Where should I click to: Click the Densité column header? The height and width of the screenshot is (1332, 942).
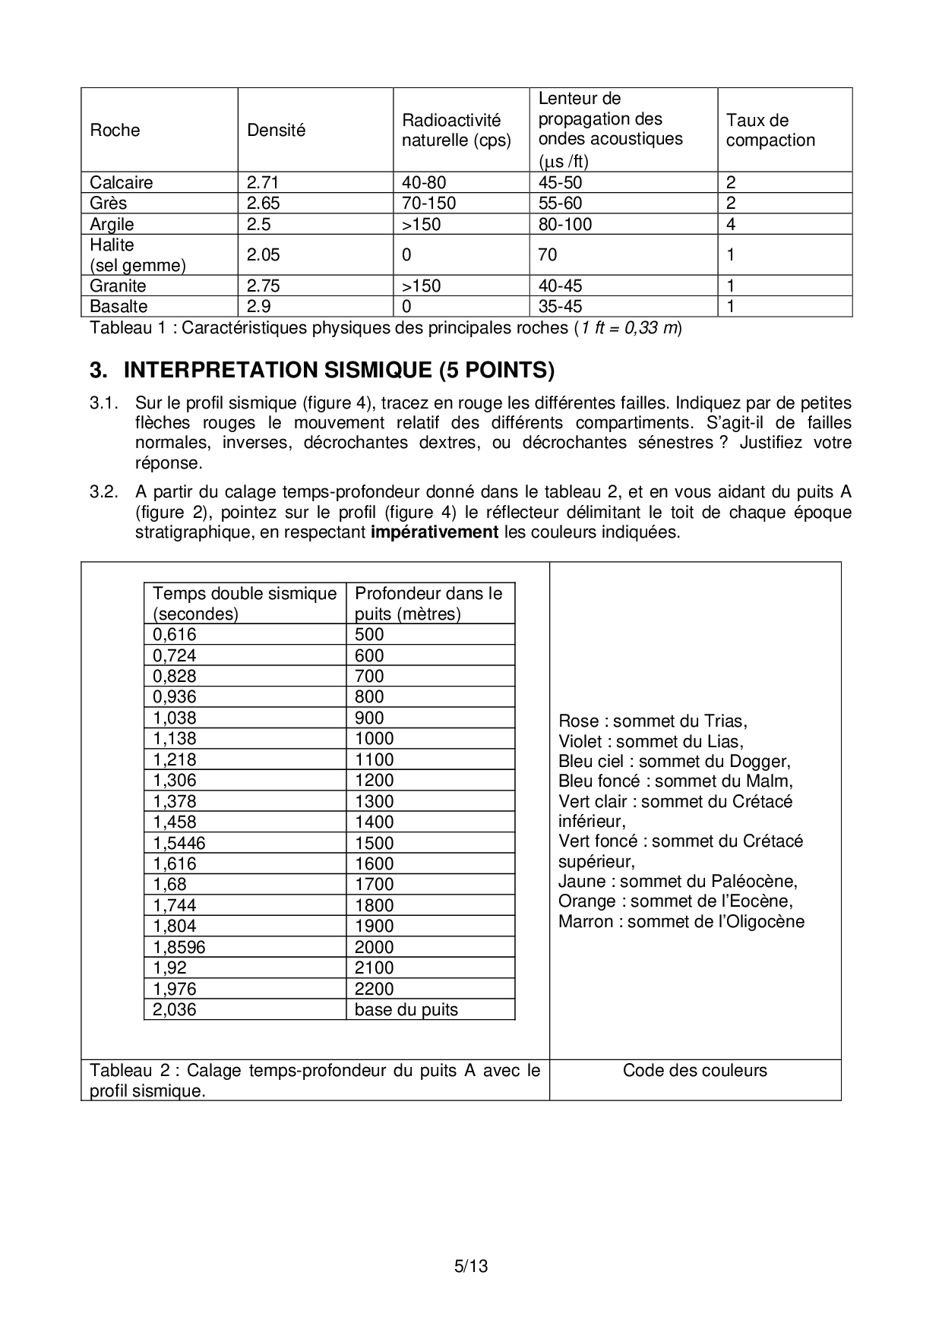(x=276, y=130)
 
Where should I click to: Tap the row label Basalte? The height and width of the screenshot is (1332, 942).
(x=119, y=306)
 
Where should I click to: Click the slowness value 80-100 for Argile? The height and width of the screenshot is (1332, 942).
(x=564, y=224)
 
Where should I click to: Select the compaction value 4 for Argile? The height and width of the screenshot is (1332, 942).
(x=731, y=224)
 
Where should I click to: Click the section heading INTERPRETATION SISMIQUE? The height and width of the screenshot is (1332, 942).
(x=339, y=370)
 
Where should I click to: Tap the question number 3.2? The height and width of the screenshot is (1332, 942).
(x=104, y=492)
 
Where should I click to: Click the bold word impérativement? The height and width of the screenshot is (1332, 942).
(x=434, y=532)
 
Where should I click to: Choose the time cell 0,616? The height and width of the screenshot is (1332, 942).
(x=175, y=635)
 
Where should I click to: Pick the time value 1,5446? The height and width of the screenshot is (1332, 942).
(x=179, y=843)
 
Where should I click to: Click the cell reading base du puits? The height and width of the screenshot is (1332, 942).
(x=406, y=1009)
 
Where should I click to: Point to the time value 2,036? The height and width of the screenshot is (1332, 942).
(x=175, y=1009)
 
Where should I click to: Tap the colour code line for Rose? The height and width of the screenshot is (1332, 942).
(x=653, y=721)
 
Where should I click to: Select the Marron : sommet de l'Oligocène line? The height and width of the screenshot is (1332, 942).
(x=681, y=921)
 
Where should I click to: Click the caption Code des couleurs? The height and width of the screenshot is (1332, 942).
(x=694, y=1070)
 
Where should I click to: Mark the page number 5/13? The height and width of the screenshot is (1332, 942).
(x=470, y=1266)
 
